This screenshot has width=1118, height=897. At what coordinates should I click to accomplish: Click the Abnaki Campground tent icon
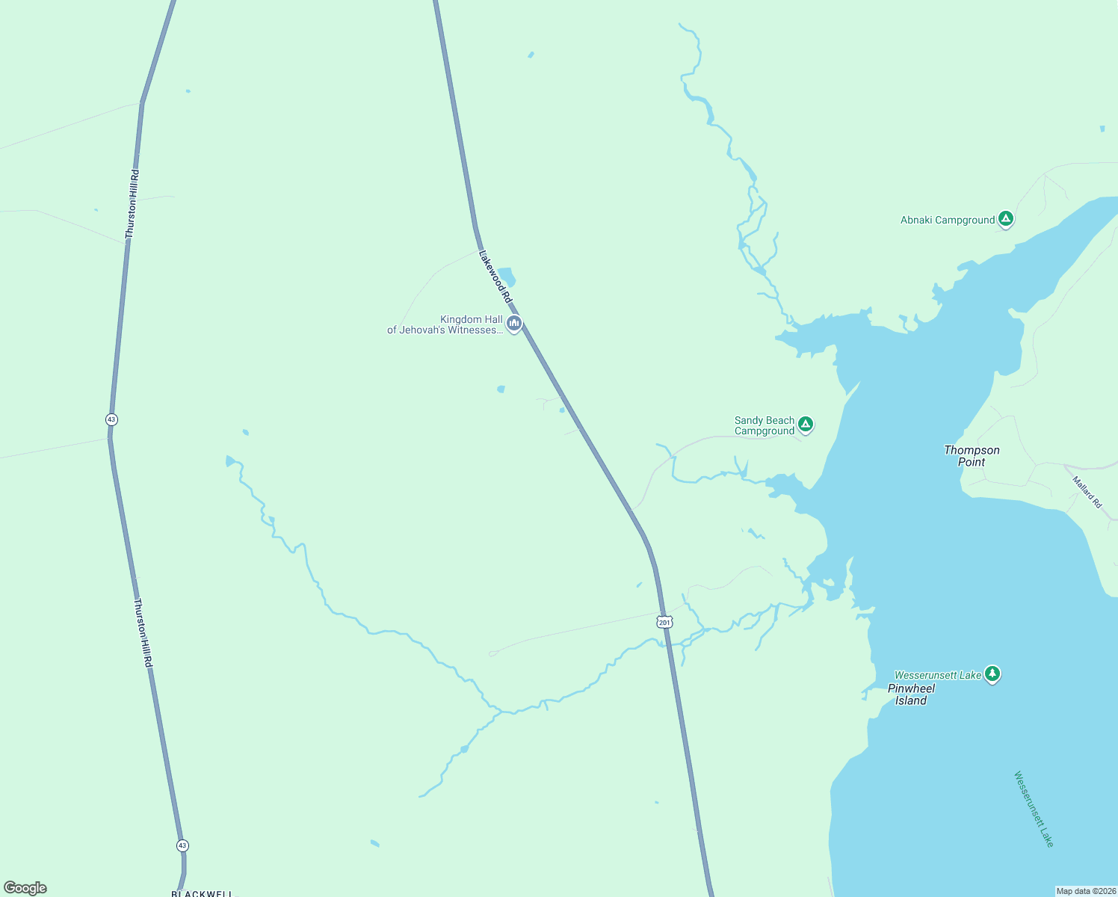coord(1006,219)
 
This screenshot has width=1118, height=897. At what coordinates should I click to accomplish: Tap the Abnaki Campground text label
coord(947,221)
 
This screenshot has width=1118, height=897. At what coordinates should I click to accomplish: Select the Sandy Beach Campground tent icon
coord(805,425)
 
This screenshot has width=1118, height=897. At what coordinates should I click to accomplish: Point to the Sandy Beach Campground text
coord(765,426)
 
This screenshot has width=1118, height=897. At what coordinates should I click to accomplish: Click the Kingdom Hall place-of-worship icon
coord(513,324)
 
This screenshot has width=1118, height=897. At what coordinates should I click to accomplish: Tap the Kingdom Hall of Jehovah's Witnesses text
coord(445,325)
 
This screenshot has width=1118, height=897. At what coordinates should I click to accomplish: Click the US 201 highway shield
coord(665,622)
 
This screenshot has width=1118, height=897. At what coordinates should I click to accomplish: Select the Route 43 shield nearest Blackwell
coord(183,845)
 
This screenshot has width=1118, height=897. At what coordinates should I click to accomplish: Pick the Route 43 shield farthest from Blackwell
coord(111,419)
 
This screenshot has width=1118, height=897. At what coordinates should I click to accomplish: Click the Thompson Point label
coord(972,456)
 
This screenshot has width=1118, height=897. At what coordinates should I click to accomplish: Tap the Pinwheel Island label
coord(911,694)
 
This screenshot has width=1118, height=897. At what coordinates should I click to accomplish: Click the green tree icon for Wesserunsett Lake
coord(992,674)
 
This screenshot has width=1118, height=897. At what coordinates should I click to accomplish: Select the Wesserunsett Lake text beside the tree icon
coord(938,675)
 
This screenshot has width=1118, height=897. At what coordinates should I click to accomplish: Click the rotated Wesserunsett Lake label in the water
coord(1034,810)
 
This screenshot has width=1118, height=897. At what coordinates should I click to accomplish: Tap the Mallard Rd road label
coord(1087,493)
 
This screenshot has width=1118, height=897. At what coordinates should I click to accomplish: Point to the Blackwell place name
coord(202,893)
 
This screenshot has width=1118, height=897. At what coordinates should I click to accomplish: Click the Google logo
coord(25,888)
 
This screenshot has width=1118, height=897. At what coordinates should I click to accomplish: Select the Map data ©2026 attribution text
coord(1085,891)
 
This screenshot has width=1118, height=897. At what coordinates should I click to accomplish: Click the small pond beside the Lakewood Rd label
coord(507,277)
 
